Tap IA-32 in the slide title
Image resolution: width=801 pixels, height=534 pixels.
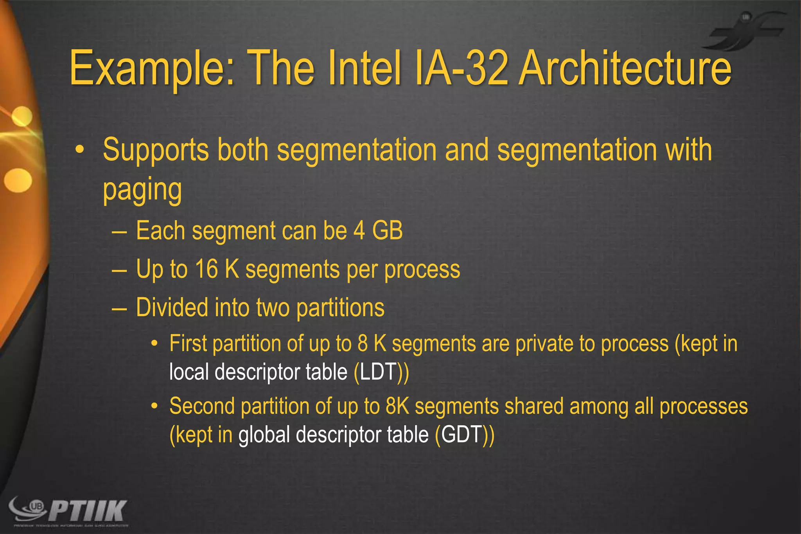pyautogui.click(x=462, y=68)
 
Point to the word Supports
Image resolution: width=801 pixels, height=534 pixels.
pyautogui.click(x=156, y=151)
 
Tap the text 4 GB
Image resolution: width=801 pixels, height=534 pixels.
pyautogui.click(x=378, y=231)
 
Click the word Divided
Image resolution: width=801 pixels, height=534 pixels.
pyautogui.click(x=172, y=307)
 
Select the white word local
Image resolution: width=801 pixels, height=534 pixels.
pyautogui.click(x=189, y=372)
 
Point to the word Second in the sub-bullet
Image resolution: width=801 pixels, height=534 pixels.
pyautogui.click(x=202, y=406)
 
